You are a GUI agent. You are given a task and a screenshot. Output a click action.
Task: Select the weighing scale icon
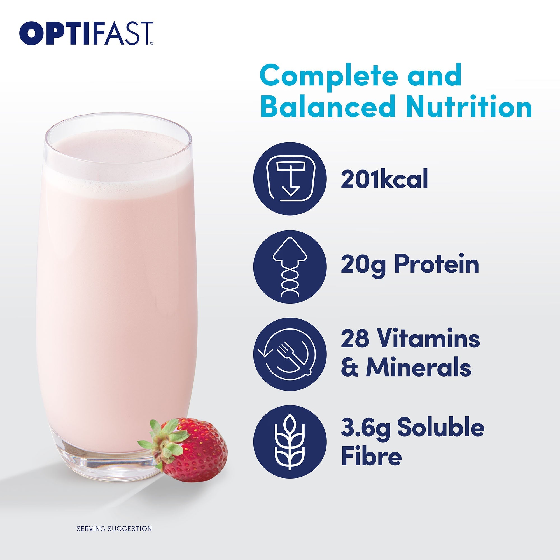(290, 179)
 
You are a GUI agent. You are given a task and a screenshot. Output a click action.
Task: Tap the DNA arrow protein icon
(290, 267)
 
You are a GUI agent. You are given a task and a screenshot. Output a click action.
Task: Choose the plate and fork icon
(290, 354)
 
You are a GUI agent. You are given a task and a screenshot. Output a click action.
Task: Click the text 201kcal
(384, 179)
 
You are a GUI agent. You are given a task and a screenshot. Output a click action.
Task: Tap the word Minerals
(419, 368)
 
